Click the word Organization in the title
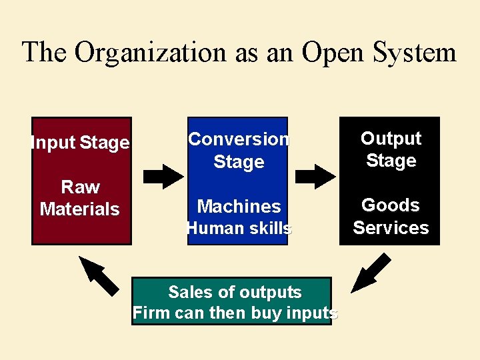point(151,52)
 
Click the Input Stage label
point(80,143)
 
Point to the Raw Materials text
point(80,198)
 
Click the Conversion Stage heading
point(239,150)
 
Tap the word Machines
point(239,206)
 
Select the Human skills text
point(239,228)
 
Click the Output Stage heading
point(391,149)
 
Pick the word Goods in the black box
point(391,205)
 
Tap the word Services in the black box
point(391,227)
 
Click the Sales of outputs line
point(235,292)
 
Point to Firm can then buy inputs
point(235,313)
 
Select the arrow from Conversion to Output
point(315,175)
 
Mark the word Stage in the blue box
point(239,161)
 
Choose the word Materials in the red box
point(80,209)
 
